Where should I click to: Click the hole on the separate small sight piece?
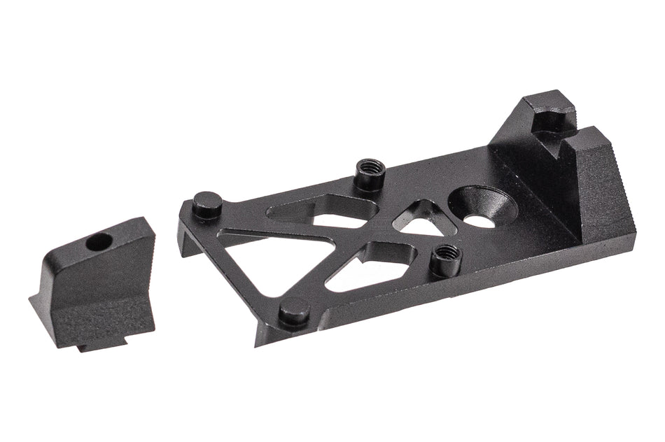[x=98, y=242]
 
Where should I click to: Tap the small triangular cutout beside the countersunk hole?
[x=424, y=220]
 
